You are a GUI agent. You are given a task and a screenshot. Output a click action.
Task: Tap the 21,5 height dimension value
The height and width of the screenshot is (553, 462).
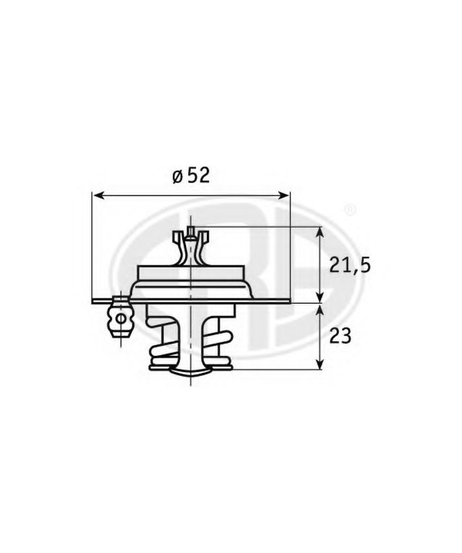tap(350, 265)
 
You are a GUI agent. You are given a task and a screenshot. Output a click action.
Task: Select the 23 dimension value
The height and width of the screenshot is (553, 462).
tap(341, 336)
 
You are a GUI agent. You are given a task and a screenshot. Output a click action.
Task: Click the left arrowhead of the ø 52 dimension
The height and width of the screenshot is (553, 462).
tap(98, 195)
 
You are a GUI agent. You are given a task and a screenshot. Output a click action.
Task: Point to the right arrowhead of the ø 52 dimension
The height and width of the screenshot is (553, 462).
tap(283, 195)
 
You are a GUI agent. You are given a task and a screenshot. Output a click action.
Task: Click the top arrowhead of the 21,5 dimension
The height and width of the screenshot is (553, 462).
tap(319, 233)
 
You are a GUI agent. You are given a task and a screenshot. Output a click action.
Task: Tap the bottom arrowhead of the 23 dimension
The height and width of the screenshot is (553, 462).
tap(319, 364)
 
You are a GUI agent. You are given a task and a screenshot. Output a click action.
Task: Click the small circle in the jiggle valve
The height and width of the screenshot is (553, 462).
tap(121, 318)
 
